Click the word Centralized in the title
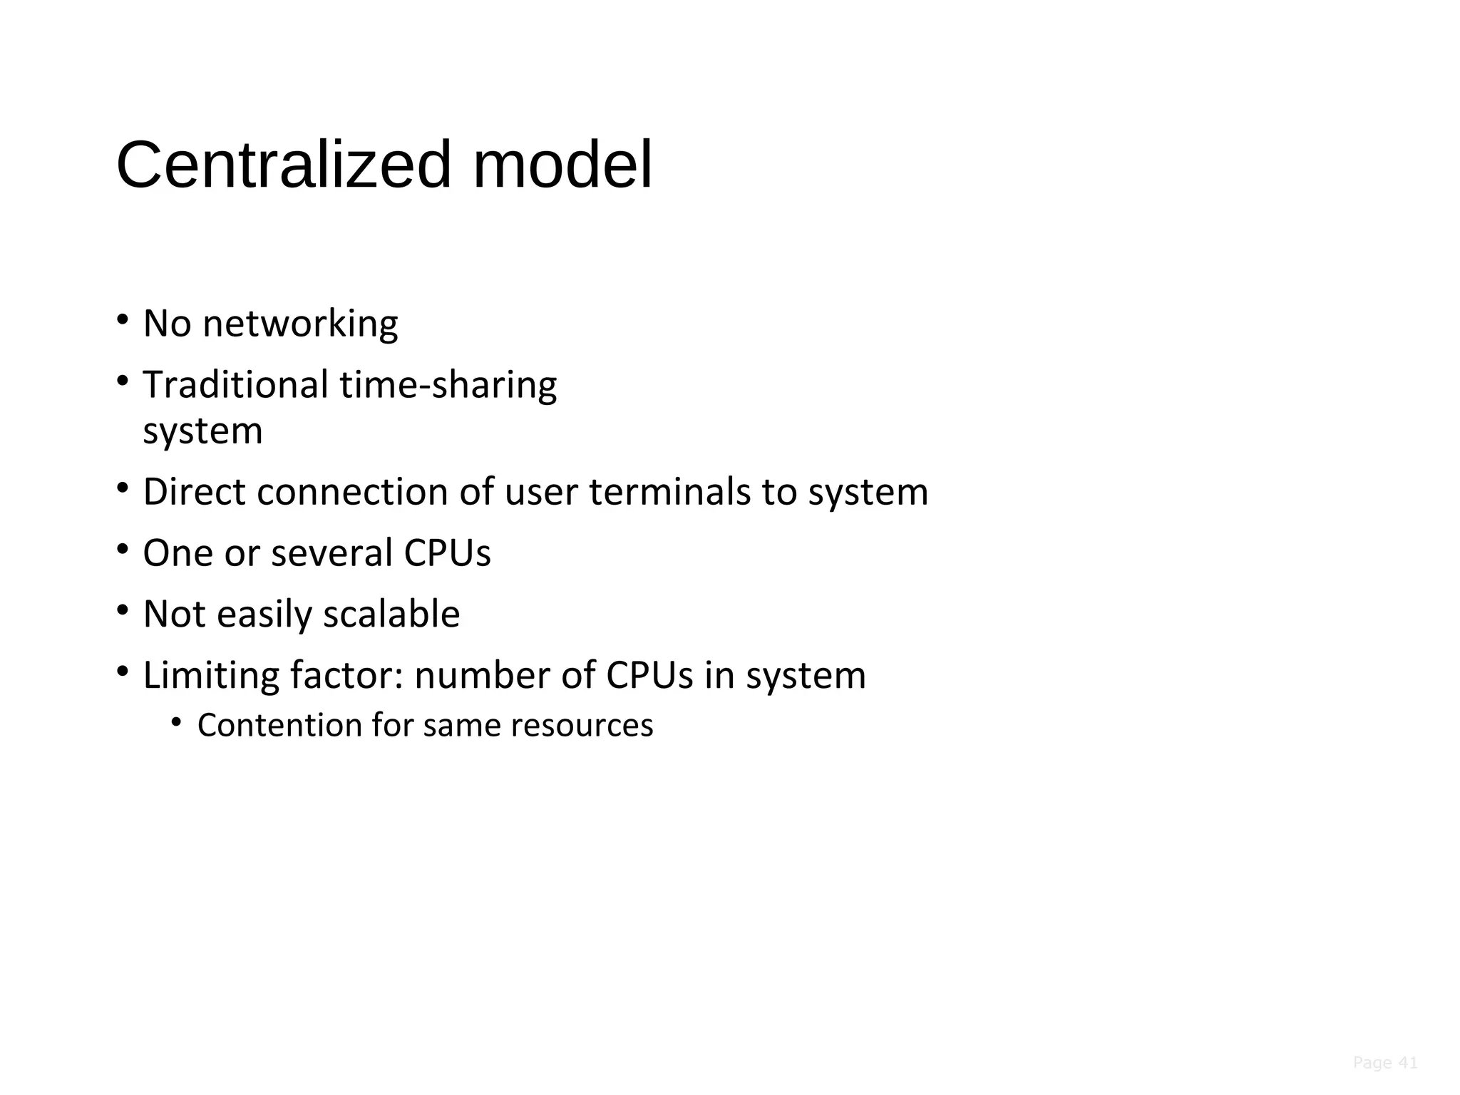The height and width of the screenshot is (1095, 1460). click(284, 165)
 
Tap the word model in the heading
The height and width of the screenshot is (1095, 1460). click(562, 165)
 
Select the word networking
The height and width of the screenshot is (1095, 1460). click(300, 324)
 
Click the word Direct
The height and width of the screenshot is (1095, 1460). click(194, 492)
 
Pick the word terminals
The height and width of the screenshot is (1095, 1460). click(669, 492)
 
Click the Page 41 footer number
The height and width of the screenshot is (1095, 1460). click(1384, 1063)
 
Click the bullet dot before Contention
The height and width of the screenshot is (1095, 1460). click(177, 722)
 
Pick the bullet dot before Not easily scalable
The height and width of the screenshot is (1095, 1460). click(123, 610)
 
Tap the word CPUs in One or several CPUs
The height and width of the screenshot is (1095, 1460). click(447, 553)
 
